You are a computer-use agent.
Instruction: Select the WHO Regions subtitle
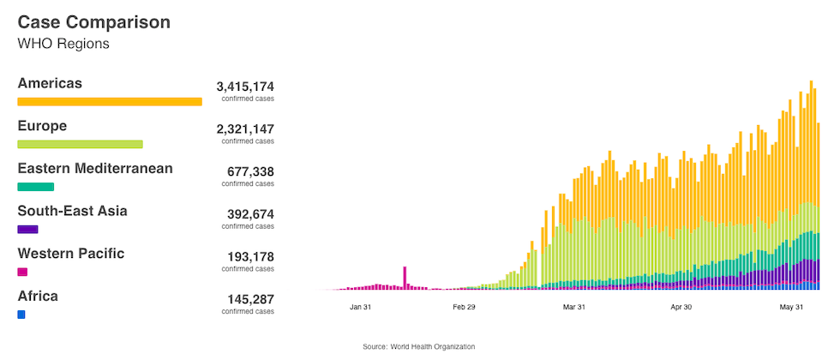point(63,44)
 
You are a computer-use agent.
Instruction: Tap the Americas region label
point(50,83)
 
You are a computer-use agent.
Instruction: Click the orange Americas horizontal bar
point(110,101)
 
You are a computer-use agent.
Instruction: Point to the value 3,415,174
point(245,87)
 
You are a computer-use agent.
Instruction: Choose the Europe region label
point(42,126)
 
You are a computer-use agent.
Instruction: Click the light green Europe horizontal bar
point(80,144)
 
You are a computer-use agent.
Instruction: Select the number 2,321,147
point(245,129)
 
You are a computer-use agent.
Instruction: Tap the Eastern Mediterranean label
point(95,168)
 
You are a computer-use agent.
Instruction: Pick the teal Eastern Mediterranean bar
point(36,187)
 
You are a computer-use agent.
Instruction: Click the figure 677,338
point(250,171)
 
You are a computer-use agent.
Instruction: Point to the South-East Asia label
point(72,211)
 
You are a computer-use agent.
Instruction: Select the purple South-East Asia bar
point(28,229)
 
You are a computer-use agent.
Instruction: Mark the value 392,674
point(250,213)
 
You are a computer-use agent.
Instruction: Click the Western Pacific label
point(71,253)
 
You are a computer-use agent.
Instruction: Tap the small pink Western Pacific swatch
point(22,272)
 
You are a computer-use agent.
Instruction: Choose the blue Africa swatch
point(21,315)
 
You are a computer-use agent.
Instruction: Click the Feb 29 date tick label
point(465,307)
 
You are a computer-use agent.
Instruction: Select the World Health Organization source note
point(419,346)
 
